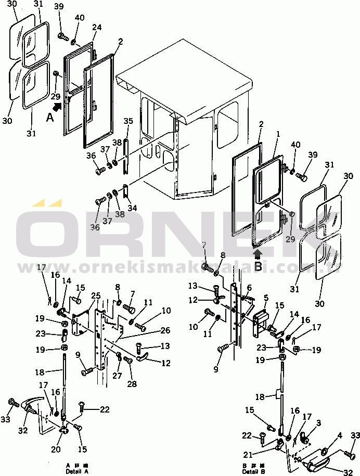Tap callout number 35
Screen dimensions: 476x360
tap(128, 121)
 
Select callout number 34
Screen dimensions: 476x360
tap(132, 208)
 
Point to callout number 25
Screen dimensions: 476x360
tap(95, 295)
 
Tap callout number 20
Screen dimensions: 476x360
tap(56, 449)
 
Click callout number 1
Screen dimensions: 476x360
tap(279, 134)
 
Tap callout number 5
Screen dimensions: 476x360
tap(265, 298)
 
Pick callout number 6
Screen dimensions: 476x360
tap(249, 288)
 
